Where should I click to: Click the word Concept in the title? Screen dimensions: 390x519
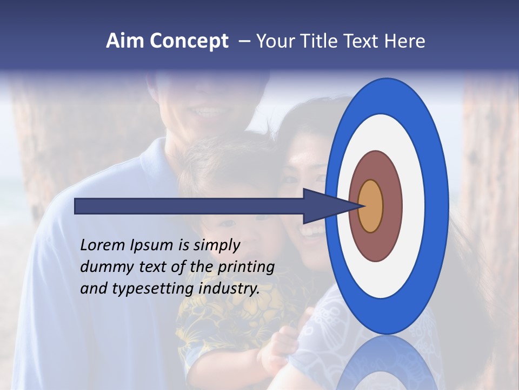point(189,41)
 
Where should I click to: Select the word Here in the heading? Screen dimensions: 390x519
point(405,41)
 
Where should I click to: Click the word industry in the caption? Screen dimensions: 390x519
point(229,289)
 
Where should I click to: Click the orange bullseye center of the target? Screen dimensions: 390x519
point(370,206)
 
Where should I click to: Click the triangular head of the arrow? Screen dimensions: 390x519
point(324,206)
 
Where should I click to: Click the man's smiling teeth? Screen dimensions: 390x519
point(208,112)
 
